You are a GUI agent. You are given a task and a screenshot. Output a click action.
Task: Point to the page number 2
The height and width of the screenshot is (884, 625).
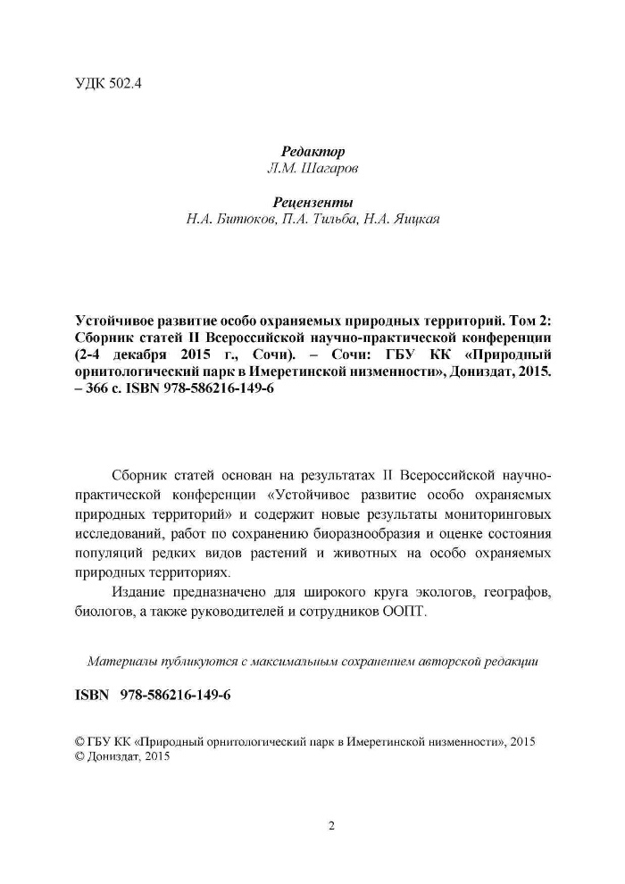[x=331, y=826]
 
